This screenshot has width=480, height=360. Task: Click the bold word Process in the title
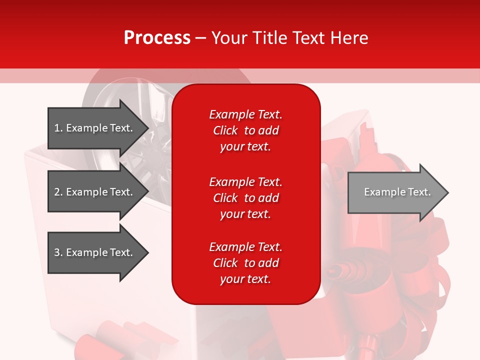coord(157,37)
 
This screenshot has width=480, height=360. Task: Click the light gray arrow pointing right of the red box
coord(395,192)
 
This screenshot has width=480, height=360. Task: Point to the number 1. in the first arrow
coord(58,128)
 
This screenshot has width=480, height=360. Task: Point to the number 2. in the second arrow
coord(58,192)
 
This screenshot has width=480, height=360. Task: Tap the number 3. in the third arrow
coord(58,252)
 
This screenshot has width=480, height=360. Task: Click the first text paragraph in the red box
coord(245,130)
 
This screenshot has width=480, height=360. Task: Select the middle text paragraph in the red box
coord(245,198)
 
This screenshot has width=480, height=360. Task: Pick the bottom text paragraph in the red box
coord(245,263)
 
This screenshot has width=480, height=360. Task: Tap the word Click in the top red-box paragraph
coord(225,130)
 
